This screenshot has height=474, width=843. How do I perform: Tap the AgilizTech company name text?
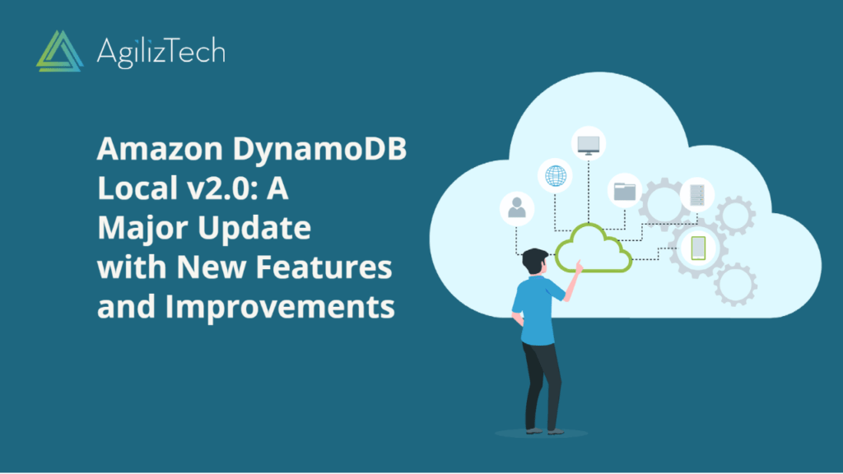(160, 52)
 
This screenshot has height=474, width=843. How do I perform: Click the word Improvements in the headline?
(279, 307)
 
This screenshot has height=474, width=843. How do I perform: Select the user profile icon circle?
(517, 207)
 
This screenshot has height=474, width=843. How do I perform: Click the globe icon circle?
(553, 175)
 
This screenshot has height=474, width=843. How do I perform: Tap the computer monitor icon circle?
(589, 143)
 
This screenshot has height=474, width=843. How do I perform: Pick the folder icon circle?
(626, 191)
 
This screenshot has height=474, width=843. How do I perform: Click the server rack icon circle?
(696, 194)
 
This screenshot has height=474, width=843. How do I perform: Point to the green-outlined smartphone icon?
(698, 247)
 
